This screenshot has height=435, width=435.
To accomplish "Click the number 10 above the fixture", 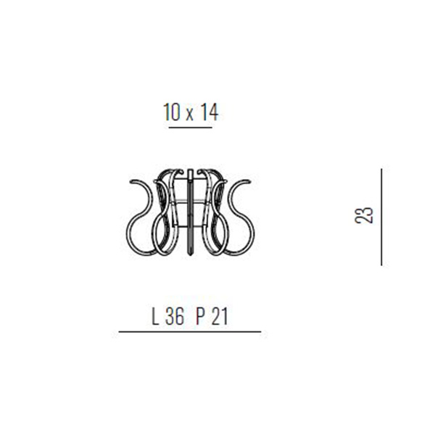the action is [171, 112].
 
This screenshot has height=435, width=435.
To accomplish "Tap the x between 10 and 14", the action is [189, 115].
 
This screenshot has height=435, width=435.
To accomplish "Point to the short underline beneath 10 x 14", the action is [191, 128].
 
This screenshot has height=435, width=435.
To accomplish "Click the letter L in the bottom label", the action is [155, 317].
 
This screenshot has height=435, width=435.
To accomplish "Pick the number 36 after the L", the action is [175, 317].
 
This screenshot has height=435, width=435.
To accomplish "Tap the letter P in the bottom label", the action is [200, 317].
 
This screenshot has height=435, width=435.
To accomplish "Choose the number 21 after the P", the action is [220, 317].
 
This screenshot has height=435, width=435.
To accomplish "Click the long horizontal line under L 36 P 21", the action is [190, 331].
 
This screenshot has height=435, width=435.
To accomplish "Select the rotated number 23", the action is [364, 215].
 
